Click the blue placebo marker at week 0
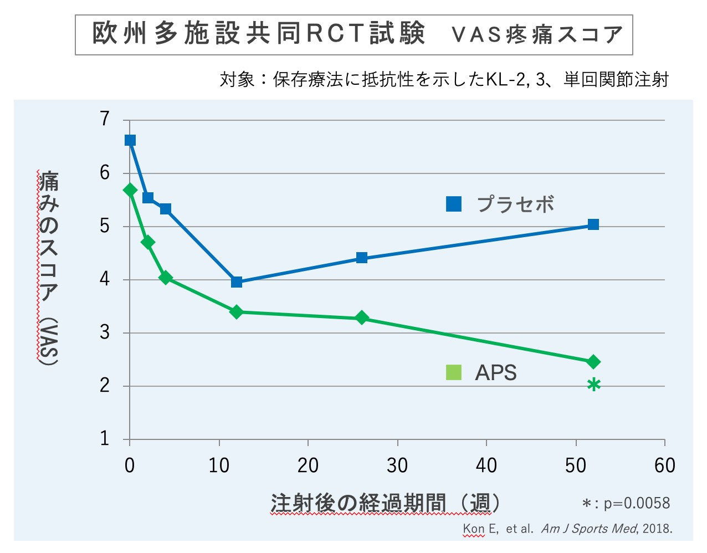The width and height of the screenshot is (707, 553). tap(130, 140)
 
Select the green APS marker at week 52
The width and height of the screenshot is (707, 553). tap(593, 362)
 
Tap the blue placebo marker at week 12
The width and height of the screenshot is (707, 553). tap(237, 282)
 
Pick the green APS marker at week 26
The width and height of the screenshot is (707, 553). tap(362, 318)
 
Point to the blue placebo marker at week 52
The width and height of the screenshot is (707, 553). tap(593, 224)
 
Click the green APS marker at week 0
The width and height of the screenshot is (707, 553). tap(130, 190)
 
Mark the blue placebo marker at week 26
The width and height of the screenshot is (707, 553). tap(362, 258)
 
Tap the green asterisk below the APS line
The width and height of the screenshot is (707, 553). tap(593, 385)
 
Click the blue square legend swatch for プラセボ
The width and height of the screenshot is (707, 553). tap(454, 204)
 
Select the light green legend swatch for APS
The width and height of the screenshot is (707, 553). tap(454, 372)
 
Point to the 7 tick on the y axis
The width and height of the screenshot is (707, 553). tap(105, 119)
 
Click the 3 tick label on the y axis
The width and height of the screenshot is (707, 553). tap(105, 333)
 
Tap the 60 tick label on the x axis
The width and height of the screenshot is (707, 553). tap(664, 465)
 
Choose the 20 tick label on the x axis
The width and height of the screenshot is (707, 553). tap(308, 465)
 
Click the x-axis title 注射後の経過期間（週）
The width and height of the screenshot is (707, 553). tap(386, 503)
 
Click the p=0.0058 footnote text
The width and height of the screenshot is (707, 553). tap(636, 503)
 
